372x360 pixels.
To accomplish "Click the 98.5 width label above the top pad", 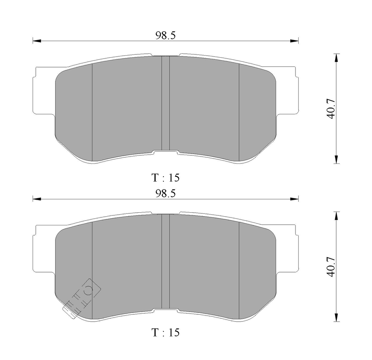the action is [165, 36].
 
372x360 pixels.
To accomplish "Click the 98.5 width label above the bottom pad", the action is [165, 194].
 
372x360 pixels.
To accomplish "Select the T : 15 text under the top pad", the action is [165, 178].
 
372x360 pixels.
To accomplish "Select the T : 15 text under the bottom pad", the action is [165, 332].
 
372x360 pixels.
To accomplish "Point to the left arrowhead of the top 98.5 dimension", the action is [37, 41].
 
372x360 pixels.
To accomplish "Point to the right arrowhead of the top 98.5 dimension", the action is [294, 41].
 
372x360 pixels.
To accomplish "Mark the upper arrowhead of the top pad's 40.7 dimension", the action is [336, 58].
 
